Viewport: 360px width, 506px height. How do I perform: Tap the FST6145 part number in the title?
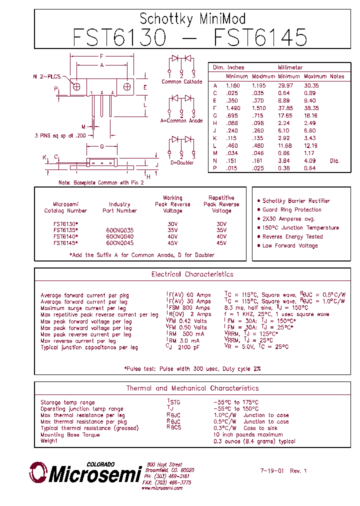[260, 38]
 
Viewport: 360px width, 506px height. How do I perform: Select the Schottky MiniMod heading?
[192, 19]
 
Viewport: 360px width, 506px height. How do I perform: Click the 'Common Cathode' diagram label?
[182, 81]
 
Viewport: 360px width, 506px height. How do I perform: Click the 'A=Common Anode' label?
[181, 120]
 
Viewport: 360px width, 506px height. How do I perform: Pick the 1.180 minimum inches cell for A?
[233, 85]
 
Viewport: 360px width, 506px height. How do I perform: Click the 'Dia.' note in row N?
[334, 160]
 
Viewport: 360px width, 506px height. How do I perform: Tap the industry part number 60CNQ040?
[119, 236]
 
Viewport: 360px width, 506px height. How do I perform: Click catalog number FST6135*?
[65, 230]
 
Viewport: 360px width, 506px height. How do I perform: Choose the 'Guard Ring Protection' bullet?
[292, 209]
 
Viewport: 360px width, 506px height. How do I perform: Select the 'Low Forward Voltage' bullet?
[290, 245]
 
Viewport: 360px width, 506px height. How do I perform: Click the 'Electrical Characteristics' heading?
[192, 274]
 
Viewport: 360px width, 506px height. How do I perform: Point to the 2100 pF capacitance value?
[189, 347]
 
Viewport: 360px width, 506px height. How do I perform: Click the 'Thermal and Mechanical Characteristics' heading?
[192, 388]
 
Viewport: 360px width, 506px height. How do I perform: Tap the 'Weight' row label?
[49, 441]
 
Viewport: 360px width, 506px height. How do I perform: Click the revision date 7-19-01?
[272, 470]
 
